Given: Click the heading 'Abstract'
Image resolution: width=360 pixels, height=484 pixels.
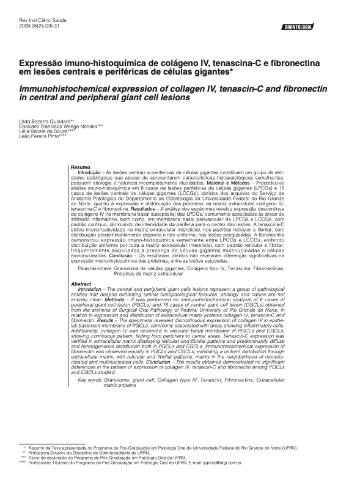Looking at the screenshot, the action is click(x=81, y=268).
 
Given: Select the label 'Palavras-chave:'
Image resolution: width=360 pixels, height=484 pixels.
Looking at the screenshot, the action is click(x=95, y=251).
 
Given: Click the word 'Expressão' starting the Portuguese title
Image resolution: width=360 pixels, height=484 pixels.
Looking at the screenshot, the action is click(x=43, y=63).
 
